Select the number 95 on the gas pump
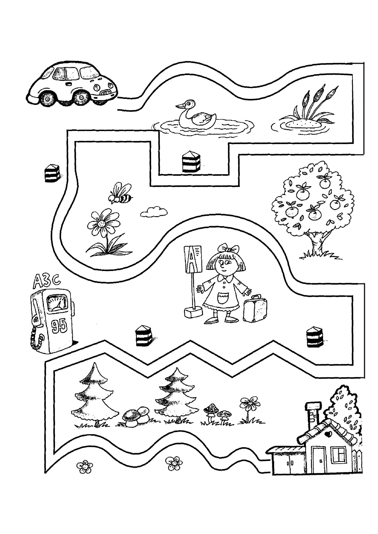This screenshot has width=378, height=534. pos(60,326)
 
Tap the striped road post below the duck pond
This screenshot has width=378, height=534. pos(191,162)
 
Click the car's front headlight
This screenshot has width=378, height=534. pos(97,86)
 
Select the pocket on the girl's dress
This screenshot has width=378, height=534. pos(222,298)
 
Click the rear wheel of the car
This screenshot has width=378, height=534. pos(49,99)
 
